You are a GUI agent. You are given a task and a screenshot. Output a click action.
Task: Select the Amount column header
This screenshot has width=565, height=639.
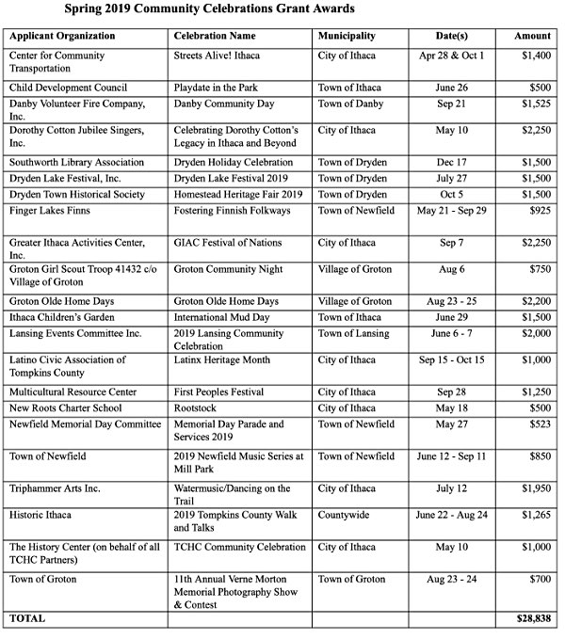coord(533,36)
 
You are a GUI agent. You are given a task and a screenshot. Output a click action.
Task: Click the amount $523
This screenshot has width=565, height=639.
coord(539,424)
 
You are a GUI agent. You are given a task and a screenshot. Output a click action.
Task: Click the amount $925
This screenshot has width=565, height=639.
coord(539,211)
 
